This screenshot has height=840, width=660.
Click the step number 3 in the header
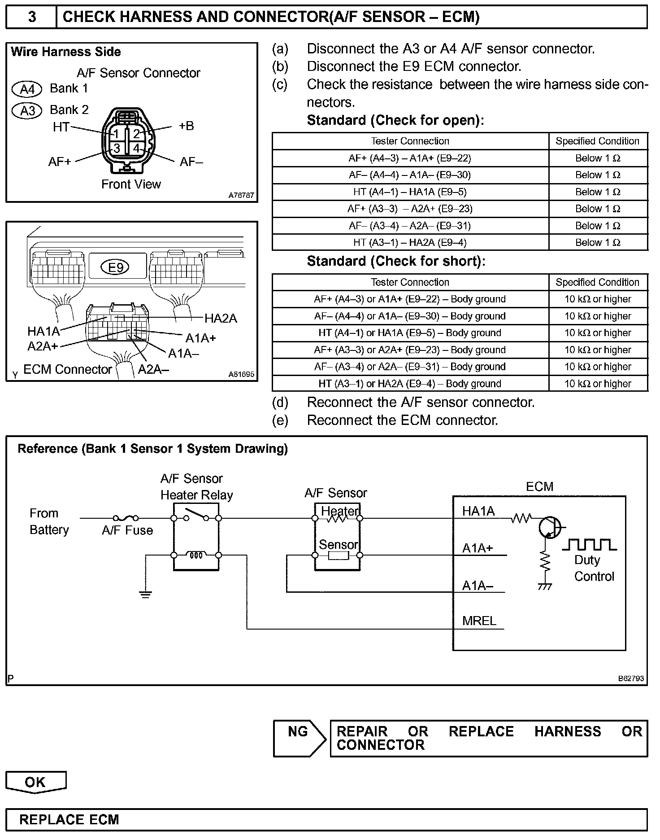click(x=32, y=17)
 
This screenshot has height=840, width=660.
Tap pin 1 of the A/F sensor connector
click(x=116, y=134)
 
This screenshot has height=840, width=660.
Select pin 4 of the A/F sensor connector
click(x=136, y=148)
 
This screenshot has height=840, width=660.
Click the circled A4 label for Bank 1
click(x=27, y=89)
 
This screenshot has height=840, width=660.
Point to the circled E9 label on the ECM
click(x=116, y=268)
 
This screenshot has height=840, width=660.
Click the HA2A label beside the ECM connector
click(x=221, y=319)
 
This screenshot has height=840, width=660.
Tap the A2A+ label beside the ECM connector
click(x=43, y=346)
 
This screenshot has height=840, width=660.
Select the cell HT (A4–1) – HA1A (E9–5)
click(x=410, y=192)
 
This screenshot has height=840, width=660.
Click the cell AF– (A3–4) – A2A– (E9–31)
click(x=410, y=226)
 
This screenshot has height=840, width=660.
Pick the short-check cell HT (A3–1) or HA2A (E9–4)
click(x=410, y=384)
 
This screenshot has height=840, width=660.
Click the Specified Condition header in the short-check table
click(x=597, y=282)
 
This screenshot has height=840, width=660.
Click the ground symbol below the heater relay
click(x=145, y=595)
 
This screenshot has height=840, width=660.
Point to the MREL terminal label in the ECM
click(x=479, y=621)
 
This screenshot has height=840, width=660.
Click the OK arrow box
click(x=35, y=782)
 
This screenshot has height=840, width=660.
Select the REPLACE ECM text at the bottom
click(x=69, y=820)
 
